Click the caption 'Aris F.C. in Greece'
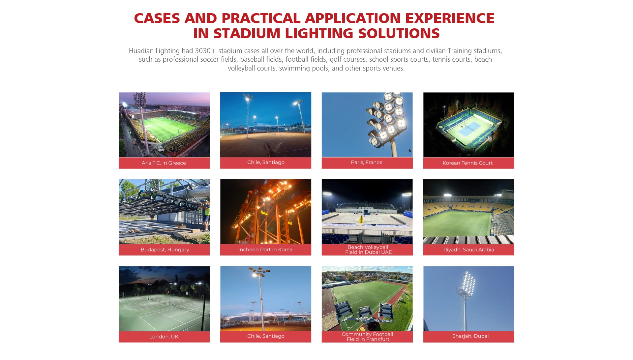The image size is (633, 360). (164, 163)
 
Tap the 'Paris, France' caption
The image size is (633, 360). (367, 162)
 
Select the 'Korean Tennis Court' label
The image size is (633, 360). (467, 163)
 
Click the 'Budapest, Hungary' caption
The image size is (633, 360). (165, 250)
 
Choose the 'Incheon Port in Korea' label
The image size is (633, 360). (265, 250)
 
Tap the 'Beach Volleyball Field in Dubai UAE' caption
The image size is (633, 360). (368, 250)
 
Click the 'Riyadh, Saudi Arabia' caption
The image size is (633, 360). (468, 250)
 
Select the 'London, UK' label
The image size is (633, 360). (164, 337)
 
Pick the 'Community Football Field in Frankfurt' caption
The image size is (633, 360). (368, 337)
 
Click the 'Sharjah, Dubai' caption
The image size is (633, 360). (470, 336)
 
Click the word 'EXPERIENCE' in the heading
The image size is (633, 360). (450, 18)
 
